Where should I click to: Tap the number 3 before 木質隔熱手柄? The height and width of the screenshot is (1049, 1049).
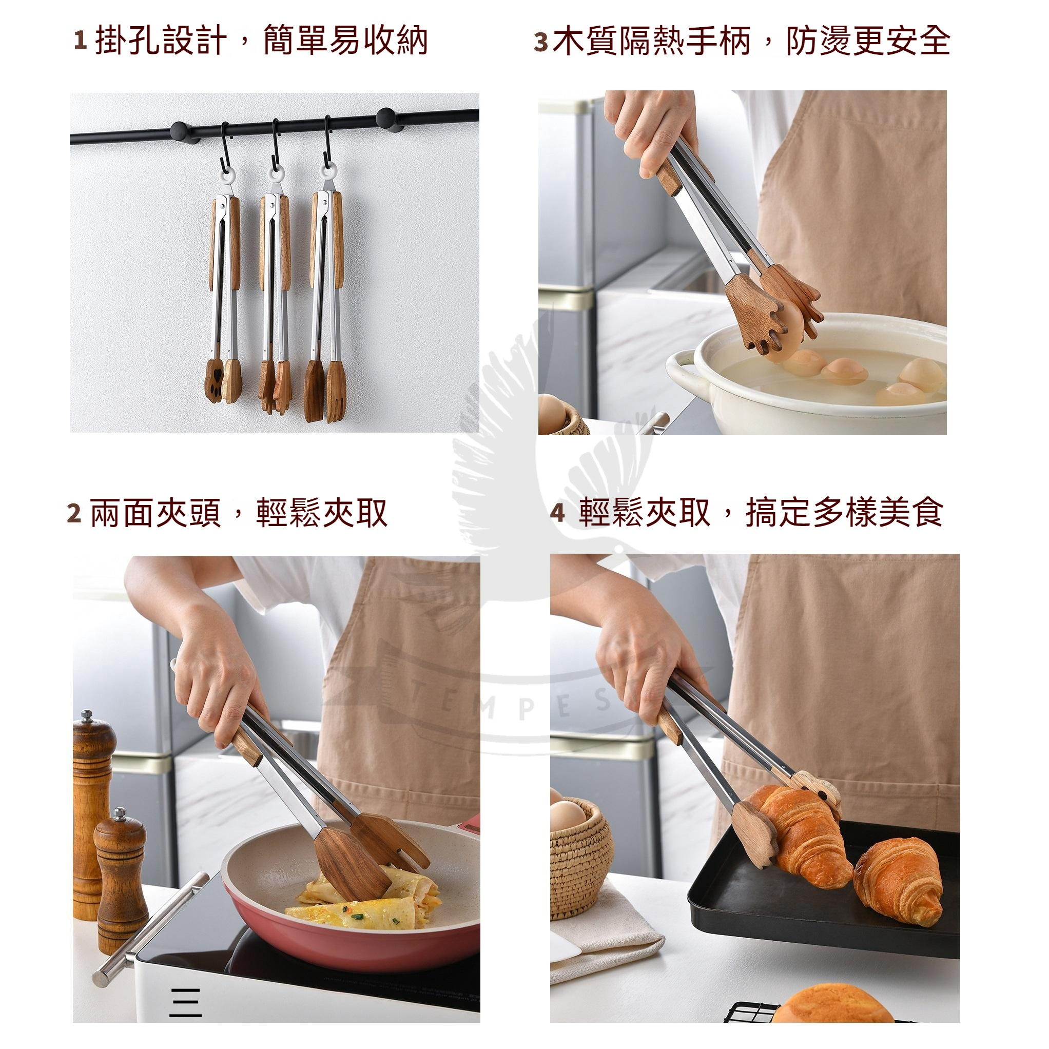coord(541,42)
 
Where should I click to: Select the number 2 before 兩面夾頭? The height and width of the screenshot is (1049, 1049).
coord(74,513)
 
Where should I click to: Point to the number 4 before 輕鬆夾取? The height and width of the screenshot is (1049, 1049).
coord(558,513)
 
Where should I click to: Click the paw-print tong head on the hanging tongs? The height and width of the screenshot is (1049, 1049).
coord(215,380)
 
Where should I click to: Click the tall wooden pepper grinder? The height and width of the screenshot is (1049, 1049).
coord(93,814)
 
